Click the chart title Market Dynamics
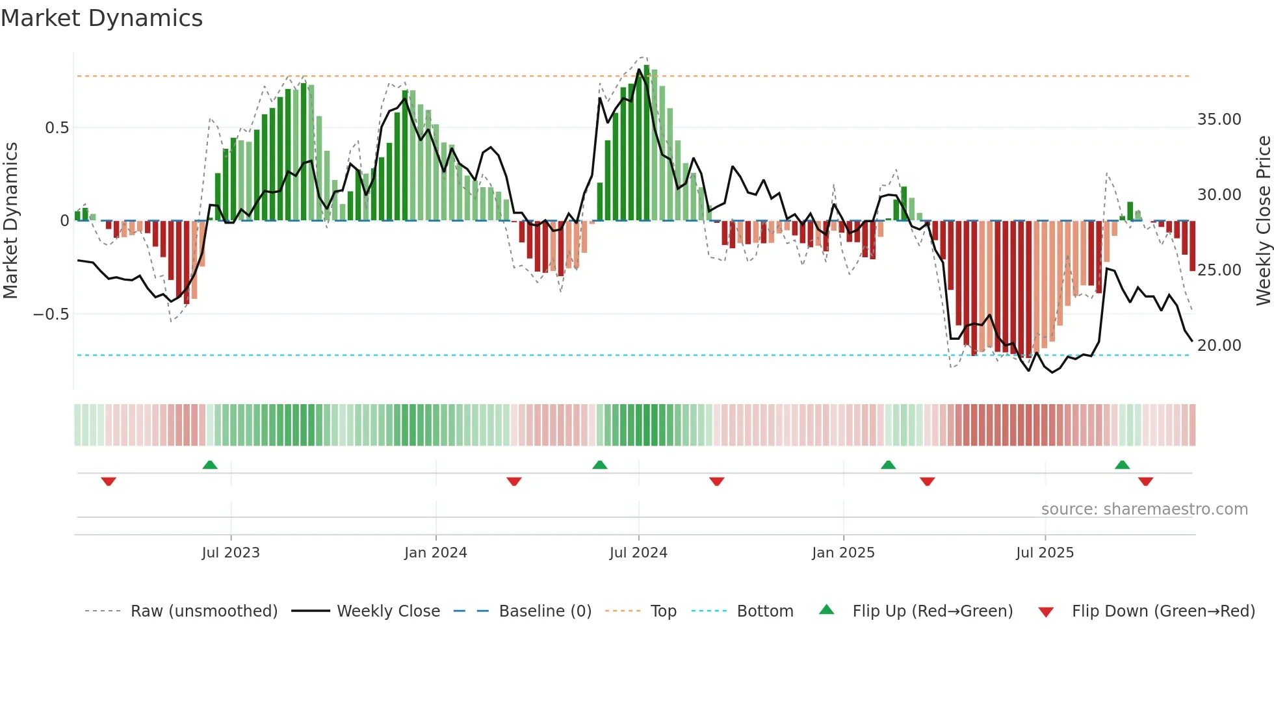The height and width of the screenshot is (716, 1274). [x=101, y=18]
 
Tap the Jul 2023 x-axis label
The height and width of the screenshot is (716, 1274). [x=230, y=553]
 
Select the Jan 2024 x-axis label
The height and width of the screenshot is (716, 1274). [x=435, y=553]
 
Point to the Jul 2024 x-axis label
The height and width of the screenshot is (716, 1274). [x=638, y=553]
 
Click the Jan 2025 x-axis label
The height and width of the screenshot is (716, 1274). [x=843, y=553]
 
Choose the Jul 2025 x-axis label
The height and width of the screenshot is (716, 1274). [x=1045, y=553]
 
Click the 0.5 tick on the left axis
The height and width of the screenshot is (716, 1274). [x=57, y=128]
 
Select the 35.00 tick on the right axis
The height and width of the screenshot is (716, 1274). [x=1219, y=120]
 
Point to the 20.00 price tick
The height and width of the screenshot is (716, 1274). [x=1219, y=346]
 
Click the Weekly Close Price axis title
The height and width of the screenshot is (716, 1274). [x=1263, y=221]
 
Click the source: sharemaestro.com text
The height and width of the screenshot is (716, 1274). [x=1144, y=509]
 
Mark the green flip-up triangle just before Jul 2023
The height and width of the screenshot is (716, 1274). [x=210, y=465]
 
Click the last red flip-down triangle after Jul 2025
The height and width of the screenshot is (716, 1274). [x=1145, y=481]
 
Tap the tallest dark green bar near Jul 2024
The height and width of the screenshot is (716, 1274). [x=646, y=143]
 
